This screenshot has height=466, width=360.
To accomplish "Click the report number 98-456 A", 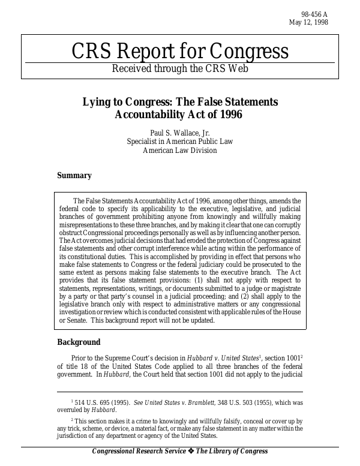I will tap(315, 14).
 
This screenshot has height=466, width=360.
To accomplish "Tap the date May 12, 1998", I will tap(308, 23).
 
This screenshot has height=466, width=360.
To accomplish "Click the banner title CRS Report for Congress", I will tap(180, 52).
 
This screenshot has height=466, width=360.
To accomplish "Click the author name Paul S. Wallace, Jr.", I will tap(180, 132).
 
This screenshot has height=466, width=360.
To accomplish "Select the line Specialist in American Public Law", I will tap(180, 142).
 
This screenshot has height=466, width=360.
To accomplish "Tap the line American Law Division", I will tap(180, 151).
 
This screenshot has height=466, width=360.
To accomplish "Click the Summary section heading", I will tap(74, 176).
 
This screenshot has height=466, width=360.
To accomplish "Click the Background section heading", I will tap(78, 342).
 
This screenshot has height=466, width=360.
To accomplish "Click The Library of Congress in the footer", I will tap(232, 452).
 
